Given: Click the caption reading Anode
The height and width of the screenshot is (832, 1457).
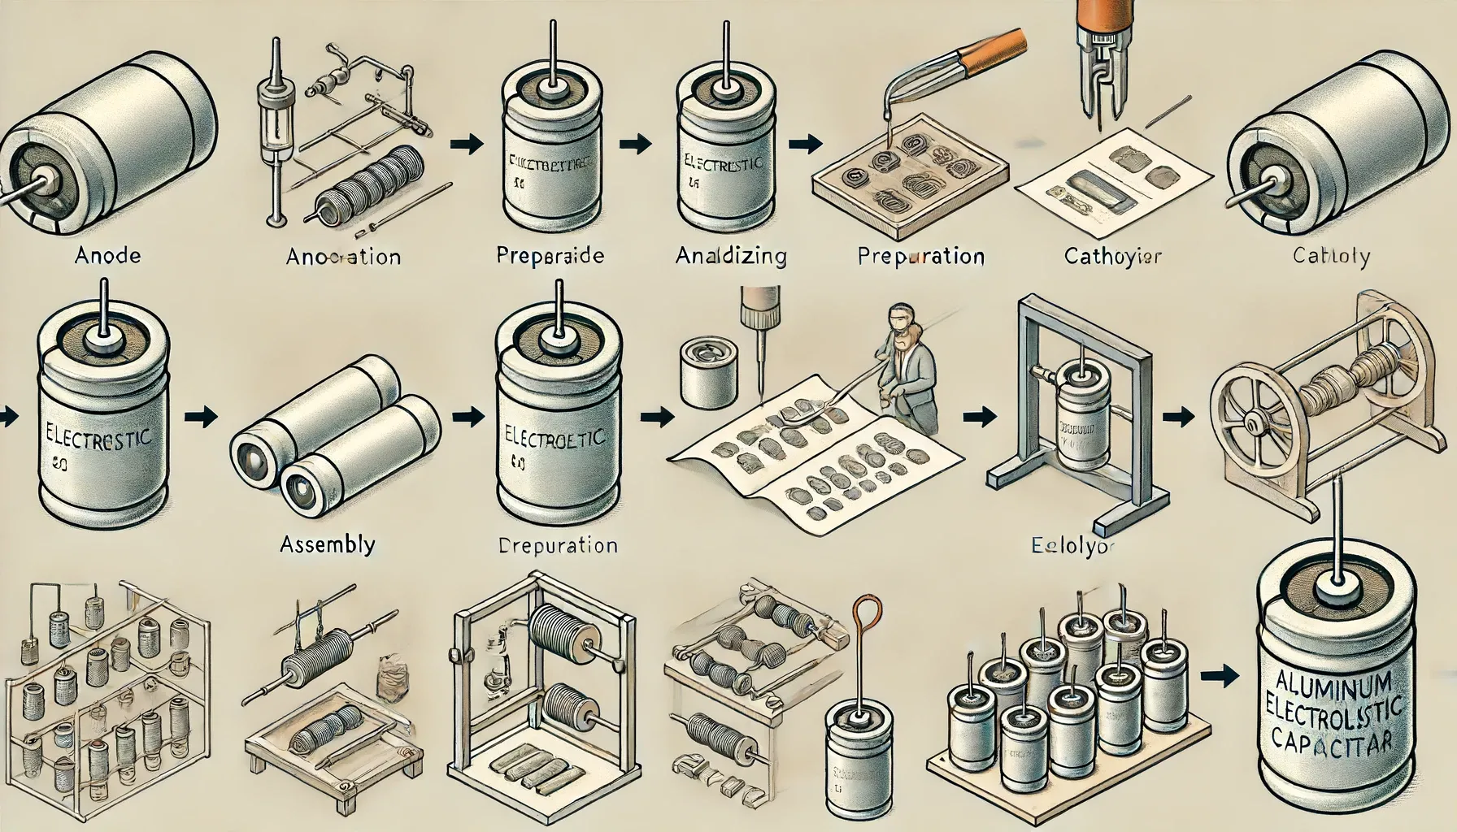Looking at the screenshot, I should click(x=107, y=256).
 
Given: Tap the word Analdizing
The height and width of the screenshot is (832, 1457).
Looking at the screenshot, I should click(x=730, y=257).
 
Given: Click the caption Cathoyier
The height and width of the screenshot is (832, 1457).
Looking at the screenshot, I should click(x=1112, y=257).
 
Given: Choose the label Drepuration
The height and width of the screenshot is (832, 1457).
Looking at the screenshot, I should click(x=556, y=544).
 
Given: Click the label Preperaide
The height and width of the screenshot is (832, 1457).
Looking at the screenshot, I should click(x=550, y=256).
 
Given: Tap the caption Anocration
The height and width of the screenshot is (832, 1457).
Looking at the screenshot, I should click(x=343, y=257).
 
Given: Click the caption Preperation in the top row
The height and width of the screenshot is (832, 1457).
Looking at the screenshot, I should click(x=920, y=257).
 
